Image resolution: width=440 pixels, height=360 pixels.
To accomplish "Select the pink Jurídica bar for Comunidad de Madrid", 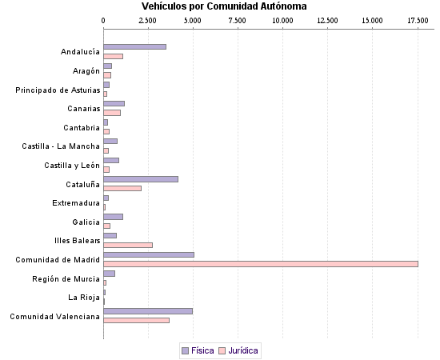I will point(261,263).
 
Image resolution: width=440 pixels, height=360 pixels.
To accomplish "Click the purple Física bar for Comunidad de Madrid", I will point(149,255).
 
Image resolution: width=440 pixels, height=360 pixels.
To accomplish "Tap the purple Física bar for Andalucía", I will point(134,47).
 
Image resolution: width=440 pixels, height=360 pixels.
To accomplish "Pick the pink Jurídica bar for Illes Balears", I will point(128,245).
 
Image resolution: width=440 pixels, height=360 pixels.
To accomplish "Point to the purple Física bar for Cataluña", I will point(141,179).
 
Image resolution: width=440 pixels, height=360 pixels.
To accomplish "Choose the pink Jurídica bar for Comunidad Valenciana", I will point(136,320).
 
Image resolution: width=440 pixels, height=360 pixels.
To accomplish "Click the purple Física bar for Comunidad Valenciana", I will point(148,311).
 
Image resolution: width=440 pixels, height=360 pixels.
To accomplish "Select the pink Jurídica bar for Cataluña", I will point(122,188).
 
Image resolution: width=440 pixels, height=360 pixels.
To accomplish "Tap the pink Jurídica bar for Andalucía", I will point(114,56).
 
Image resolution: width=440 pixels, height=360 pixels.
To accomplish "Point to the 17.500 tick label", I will point(417,19).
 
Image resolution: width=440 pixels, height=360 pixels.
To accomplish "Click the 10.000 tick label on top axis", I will point(282,19).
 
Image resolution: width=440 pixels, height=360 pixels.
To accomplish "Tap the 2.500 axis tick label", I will point(148,19).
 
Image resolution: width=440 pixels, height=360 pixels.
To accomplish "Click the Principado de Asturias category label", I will point(58,90).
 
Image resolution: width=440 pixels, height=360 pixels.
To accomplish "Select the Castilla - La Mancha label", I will point(61,146).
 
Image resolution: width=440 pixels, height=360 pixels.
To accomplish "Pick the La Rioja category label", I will point(84,298).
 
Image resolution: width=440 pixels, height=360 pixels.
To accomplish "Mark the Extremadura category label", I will point(76,203).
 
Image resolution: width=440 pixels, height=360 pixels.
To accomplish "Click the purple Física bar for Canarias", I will point(114,104).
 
